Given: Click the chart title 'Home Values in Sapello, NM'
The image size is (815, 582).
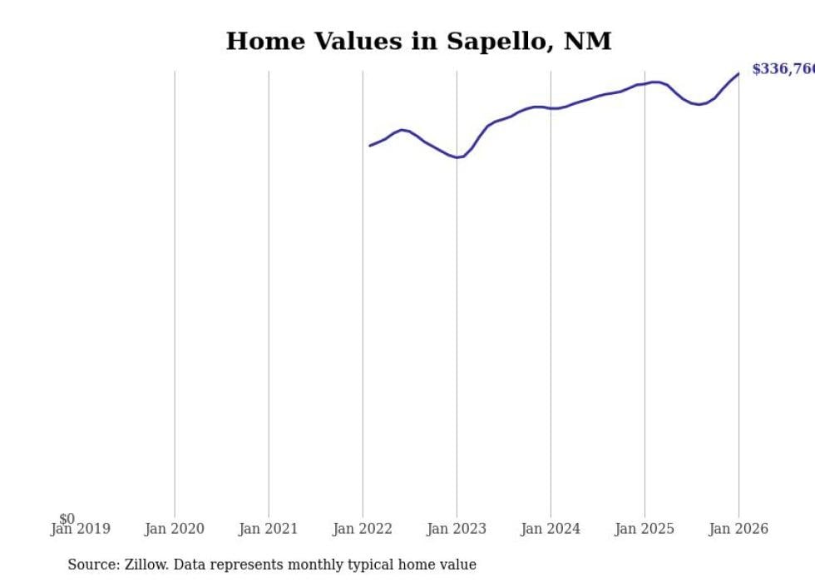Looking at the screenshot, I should click(x=418, y=42).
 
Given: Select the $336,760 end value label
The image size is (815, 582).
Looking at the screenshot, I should click(x=783, y=69).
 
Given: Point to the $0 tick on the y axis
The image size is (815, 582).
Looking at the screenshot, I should click(x=67, y=519).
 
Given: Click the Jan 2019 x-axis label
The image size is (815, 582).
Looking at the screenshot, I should click(x=80, y=529).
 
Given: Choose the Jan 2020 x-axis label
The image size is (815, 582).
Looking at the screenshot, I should click(x=174, y=529).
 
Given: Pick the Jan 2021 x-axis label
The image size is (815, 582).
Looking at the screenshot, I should click(x=268, y=529).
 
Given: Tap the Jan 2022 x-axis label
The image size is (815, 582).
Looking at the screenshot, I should click(x=363, y=529).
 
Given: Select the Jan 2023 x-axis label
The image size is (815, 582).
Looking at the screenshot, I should click(x=457, y=529).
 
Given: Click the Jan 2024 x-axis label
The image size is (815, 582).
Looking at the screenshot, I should click(x=551, y=529).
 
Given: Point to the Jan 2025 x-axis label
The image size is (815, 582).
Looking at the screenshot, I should click(x=645, y=529).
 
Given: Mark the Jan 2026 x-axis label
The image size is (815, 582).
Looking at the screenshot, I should click(x=738, y=529).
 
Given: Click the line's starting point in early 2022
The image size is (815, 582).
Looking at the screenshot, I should click(x=370, y=146).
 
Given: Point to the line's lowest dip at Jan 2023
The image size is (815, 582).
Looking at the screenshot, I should click(x=457, y=157).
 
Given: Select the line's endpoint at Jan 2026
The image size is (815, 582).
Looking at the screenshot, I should click(x=738, y=73).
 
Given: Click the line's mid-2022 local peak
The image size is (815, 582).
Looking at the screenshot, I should click(x=403, y=130).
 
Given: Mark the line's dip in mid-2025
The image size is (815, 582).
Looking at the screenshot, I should click(x=699, y=105).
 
